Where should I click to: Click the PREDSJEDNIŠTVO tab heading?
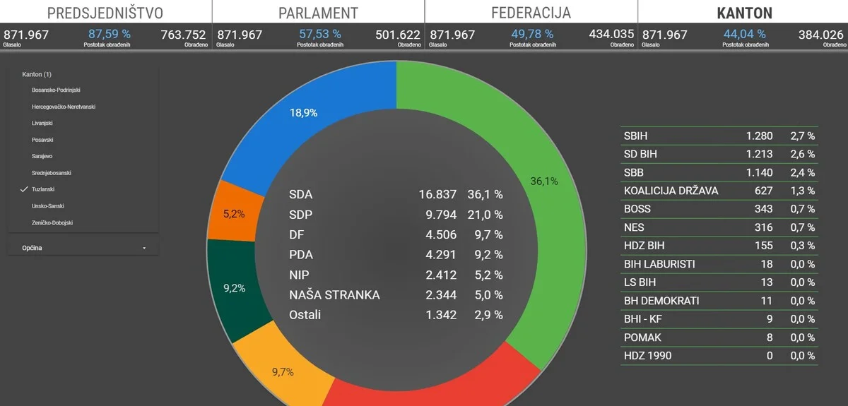(x=105, y=13)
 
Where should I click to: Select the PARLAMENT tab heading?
(x=318, y=13)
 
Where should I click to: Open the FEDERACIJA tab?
(x=531, y=13)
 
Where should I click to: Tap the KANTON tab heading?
(x=744, y=13)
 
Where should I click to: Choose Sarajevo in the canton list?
(x=42, y=156)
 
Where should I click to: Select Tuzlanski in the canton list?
(x=44, y=189)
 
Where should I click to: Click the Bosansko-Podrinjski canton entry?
(x=56, y=90)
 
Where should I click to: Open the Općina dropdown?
(x=83, y=248)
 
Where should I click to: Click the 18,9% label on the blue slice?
(x=303, y=112)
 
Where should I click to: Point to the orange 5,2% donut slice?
(x=234, y=214)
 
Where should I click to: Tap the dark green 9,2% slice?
(x=234, y=288)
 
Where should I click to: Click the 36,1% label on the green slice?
(x=543, y=181)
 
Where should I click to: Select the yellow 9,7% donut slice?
(x=282, y=372)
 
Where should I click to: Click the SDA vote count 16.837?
(x=437, y=194)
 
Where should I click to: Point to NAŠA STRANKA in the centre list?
(x=334, y=294)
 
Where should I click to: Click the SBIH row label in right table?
(x=635, y=136)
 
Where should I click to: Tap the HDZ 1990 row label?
(x=647, y=355)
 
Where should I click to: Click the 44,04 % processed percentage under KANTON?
(x=744, y=34)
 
